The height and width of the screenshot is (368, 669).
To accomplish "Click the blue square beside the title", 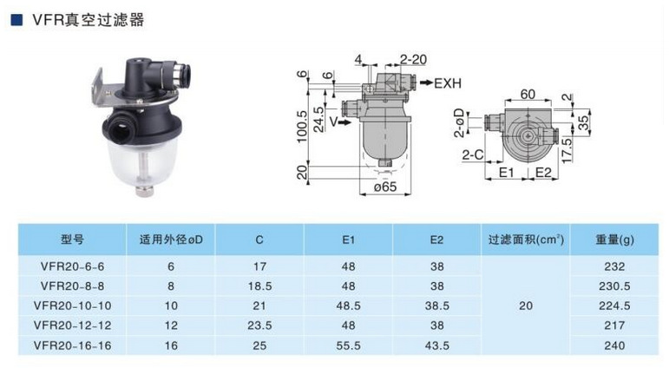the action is pos(16,20).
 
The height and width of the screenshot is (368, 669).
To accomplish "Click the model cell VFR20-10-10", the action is pos(73,306).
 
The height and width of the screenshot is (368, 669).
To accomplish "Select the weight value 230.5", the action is pos(614,286).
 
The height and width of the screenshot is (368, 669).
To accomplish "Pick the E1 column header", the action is pos(348,240).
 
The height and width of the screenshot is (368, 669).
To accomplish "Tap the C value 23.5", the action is pos(259,325).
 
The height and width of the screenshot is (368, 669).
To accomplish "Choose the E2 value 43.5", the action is pos(437,345).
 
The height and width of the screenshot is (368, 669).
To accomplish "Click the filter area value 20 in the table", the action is pos(526,306).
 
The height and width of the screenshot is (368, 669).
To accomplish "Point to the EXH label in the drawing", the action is pos(448,83).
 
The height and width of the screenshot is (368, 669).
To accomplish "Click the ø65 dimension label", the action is pos(385,187).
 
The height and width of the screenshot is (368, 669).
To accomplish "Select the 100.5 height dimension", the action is pos(302,127).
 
